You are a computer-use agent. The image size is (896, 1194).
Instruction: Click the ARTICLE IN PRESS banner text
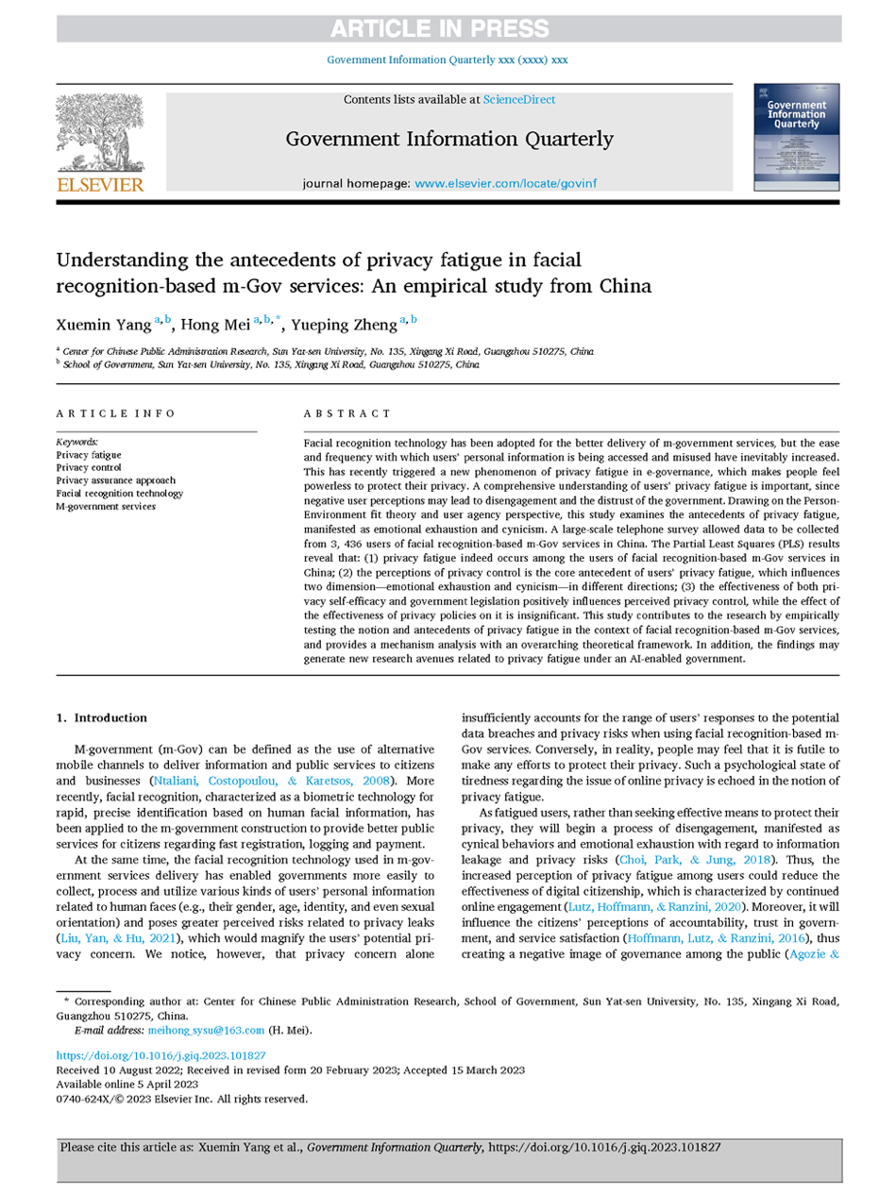448,28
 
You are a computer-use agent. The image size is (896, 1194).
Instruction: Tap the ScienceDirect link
518,99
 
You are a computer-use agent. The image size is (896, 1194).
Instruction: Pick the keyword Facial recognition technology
119,493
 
